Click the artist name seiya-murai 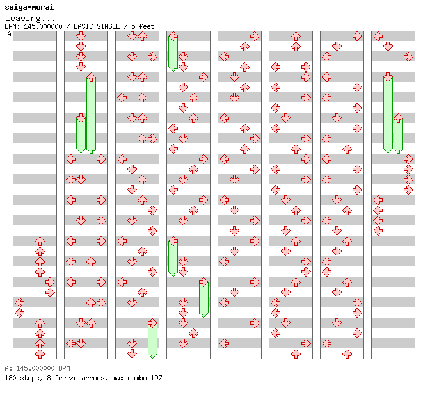pyautogui.click(x=29, y=7)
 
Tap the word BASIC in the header pyautogui.click(x=83, y=26)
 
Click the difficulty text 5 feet pyautogui.click(x=143, y=26)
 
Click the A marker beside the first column pyautogui.click(x=9, y=34)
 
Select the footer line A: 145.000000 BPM pyautogui.click(x=37, y=368)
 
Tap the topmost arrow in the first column pyautogui.click(x=40, y=241)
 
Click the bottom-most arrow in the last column pyautogui.click(x=378, y=231)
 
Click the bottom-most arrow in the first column pyautogui.click(x=40, y=354)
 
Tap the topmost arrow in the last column pyautogui.click(x=378, y=36)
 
